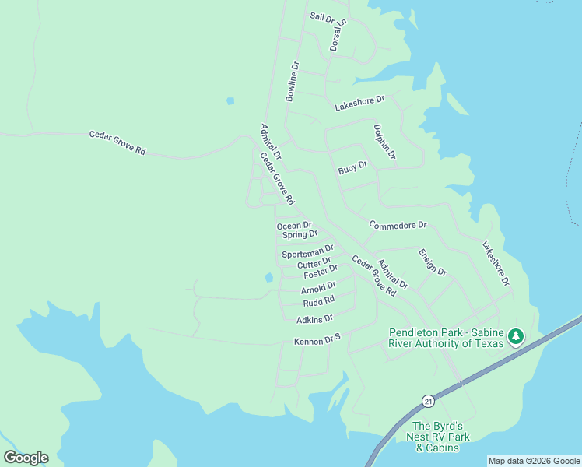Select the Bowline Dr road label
pos(293,82)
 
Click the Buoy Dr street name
pos(352,167)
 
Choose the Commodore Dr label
pos(398,225)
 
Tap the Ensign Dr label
pos(433,262)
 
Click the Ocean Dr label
pos(294,226)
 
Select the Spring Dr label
pos(300,234)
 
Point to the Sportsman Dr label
pos(307,252)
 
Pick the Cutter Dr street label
pos(314,264)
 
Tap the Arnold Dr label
pos(318,289)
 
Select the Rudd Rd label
pos(318,300)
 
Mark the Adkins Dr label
pos(314,318)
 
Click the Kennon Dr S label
pos(317,341)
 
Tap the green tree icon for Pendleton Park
pos(514,337)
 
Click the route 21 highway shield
pos(428,401)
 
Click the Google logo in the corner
pos(26,458)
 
